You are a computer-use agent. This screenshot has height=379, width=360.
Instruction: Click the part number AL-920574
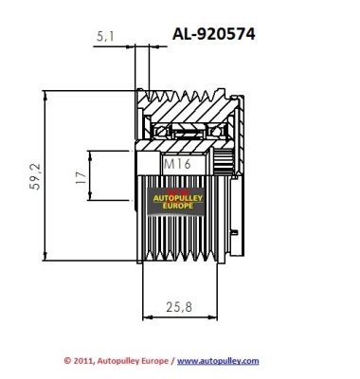click(x=213, y=34)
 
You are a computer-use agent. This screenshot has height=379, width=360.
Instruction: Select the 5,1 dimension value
click(x=105, y=37)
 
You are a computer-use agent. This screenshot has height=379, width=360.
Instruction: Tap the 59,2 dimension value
click(x=35, y=176)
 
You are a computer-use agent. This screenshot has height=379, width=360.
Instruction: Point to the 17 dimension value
click(x=81, y=178)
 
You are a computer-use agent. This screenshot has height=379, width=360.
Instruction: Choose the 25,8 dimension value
click(x=178, y=307)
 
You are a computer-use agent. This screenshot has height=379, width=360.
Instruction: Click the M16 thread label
click(x=177, y=164)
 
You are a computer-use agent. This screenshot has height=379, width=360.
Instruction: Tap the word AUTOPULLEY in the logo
click(x=178, y=199)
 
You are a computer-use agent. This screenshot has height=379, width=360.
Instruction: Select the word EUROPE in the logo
click(x=178, y=206)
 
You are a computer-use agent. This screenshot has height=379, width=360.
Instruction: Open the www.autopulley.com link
click(x=218, y=361)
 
